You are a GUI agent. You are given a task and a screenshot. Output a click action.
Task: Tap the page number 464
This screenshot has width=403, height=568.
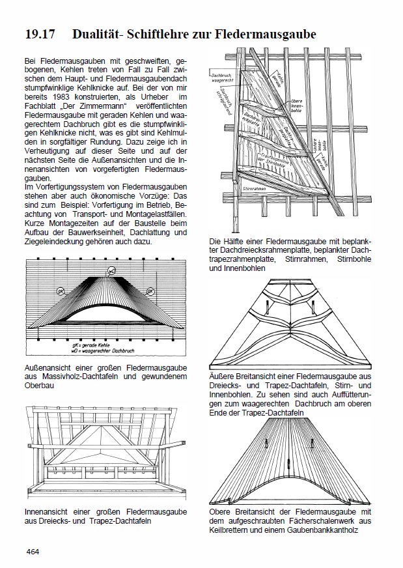[34, 552]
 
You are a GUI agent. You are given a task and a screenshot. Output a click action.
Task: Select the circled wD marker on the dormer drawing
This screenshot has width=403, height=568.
[111, 270]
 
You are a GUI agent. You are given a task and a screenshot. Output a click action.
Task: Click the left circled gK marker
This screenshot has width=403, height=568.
[60, 291]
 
